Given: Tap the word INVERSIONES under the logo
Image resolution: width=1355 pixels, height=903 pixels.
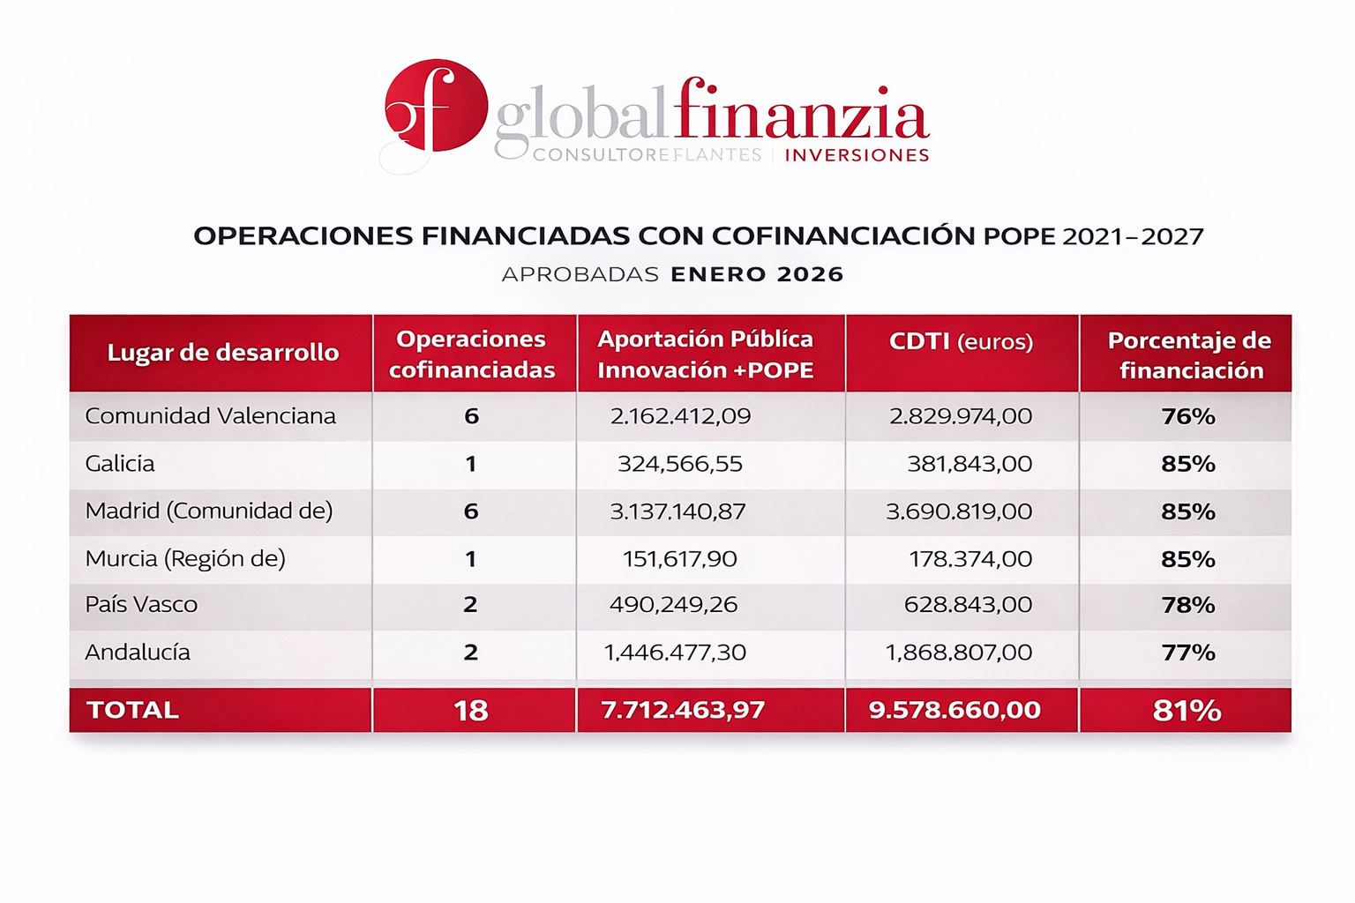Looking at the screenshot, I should (x=857, y=155).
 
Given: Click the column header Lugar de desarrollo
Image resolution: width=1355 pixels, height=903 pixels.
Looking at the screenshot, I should (x=222, y=353).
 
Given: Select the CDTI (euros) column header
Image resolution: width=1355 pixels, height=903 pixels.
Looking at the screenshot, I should (x=961, y=341).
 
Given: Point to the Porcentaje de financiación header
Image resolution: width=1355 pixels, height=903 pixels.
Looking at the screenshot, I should (x=1189, y=354).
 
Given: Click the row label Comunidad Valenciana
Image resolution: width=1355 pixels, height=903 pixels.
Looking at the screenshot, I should (x=210, y=416).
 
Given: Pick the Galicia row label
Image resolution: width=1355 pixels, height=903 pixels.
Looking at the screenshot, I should (x=119, y=464).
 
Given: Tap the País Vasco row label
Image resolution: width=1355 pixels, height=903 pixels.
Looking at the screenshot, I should (x=141, y=605).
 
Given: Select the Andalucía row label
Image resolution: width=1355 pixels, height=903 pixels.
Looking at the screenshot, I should (x=138, y=653).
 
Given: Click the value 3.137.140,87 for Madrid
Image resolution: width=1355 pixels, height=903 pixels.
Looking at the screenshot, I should (x=677, y=511).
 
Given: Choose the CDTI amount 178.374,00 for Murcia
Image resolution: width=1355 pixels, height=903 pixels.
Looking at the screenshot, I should (x=970, y=559).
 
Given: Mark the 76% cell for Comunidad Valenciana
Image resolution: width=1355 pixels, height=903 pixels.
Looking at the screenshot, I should (x=1188, y=416).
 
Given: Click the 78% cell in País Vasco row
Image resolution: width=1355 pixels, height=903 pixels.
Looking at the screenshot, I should (x=1188, y=605).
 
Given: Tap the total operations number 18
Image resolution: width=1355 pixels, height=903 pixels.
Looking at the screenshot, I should (x=471, y=711).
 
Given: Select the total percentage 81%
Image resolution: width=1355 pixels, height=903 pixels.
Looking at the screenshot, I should (x=1187, y=711).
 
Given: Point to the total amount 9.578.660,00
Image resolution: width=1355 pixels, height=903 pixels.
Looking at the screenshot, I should (x=954, y=711).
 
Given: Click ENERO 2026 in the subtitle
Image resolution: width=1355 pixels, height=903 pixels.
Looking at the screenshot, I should (x=757, y=274).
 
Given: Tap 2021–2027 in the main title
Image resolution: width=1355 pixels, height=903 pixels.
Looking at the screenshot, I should (x=1133, y=236).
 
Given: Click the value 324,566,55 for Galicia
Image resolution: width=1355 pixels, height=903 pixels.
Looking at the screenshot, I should (x=679, y=464).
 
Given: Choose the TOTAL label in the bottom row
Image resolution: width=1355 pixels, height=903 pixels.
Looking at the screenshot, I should (x=132, y=711).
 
